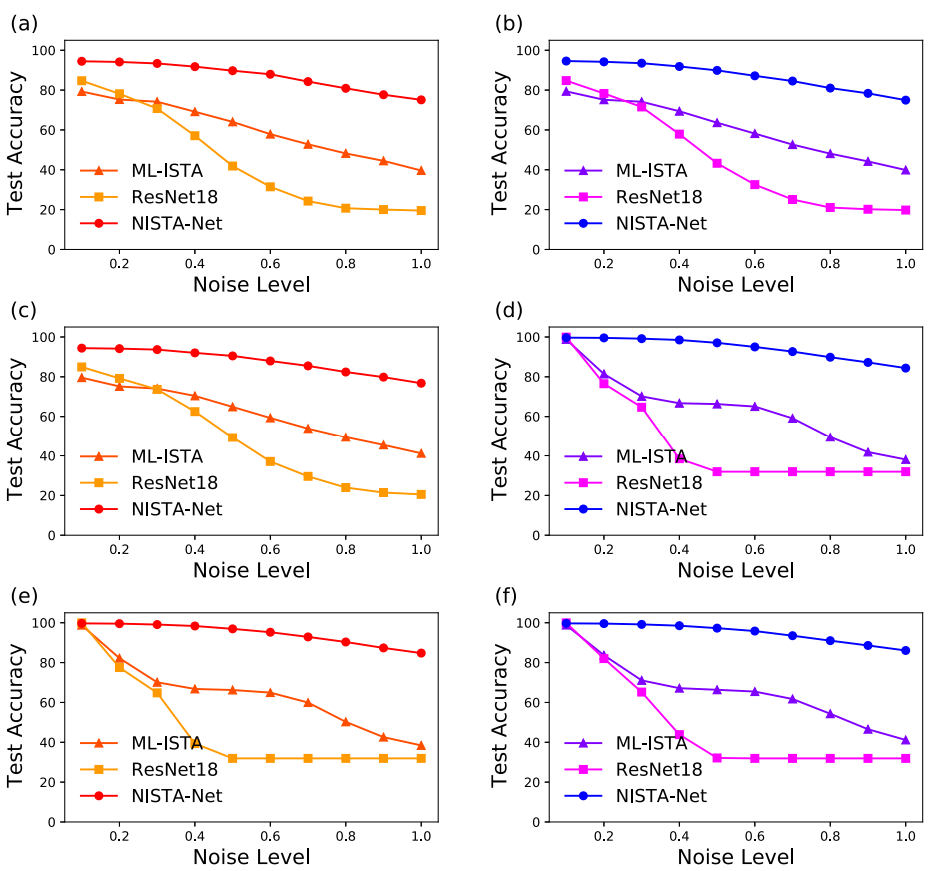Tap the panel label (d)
(509, 309)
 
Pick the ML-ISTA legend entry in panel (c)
(167, 456)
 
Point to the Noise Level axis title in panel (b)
(735, 284)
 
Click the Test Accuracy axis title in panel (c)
(17, 429)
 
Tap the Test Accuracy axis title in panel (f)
(501, 715)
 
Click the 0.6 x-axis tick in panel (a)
(270, 263)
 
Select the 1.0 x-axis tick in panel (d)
(905, 549)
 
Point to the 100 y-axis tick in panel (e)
(43, 622)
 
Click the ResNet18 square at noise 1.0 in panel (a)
(421, 211)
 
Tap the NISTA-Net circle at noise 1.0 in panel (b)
(905, 100)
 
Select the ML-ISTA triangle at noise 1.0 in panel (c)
(421, 453)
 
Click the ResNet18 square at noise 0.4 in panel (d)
(679, 458)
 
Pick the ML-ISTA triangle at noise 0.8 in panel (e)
(345, 721)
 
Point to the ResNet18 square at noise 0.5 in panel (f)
(717, 758)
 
